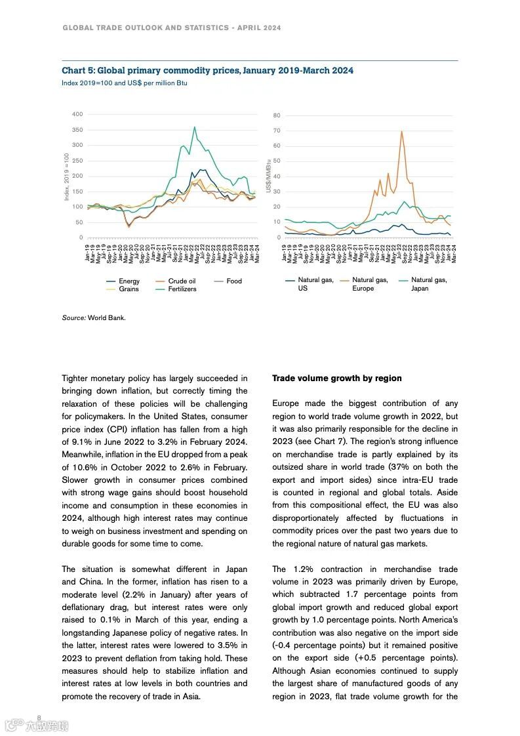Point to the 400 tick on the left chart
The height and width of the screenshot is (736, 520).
point(77,114)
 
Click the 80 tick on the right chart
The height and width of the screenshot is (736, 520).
point(277,115)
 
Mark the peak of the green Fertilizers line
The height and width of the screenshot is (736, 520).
point(194,127)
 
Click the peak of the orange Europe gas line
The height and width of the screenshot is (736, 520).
point(401,131)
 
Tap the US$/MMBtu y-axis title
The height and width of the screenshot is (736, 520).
point(269,176)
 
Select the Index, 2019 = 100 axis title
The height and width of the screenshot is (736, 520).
point(66,177)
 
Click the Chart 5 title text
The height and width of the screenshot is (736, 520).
point(207,70)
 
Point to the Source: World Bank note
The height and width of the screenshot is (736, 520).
point(93,317)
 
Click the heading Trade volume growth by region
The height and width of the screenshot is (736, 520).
point(336,378)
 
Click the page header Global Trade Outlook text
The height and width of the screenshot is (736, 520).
point(172,28)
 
